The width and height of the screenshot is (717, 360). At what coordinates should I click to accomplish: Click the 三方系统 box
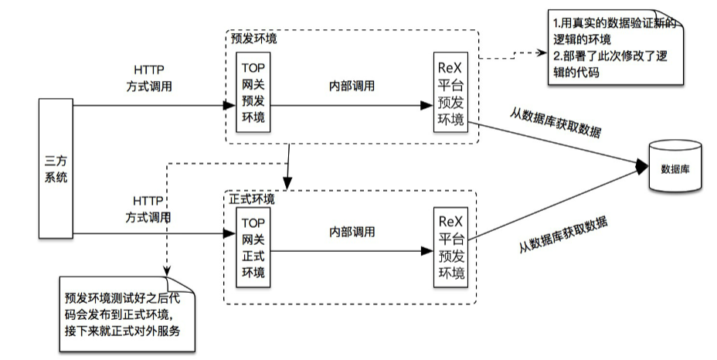coord(56,168)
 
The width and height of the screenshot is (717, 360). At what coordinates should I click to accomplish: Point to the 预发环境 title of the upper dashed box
coord(254,37)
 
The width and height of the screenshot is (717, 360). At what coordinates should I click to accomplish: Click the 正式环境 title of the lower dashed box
coord(252,199)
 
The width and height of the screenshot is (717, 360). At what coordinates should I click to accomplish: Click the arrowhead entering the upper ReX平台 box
coord(427,104)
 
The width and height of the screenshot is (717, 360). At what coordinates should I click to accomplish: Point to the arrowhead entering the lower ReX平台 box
coord(427,251)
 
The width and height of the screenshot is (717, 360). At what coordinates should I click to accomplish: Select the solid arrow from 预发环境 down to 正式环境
coord(288,165)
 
